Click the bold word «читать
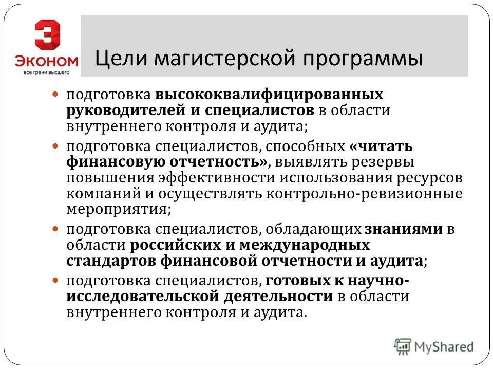[x=381, y=146]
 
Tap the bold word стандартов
[x=110, y=261]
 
